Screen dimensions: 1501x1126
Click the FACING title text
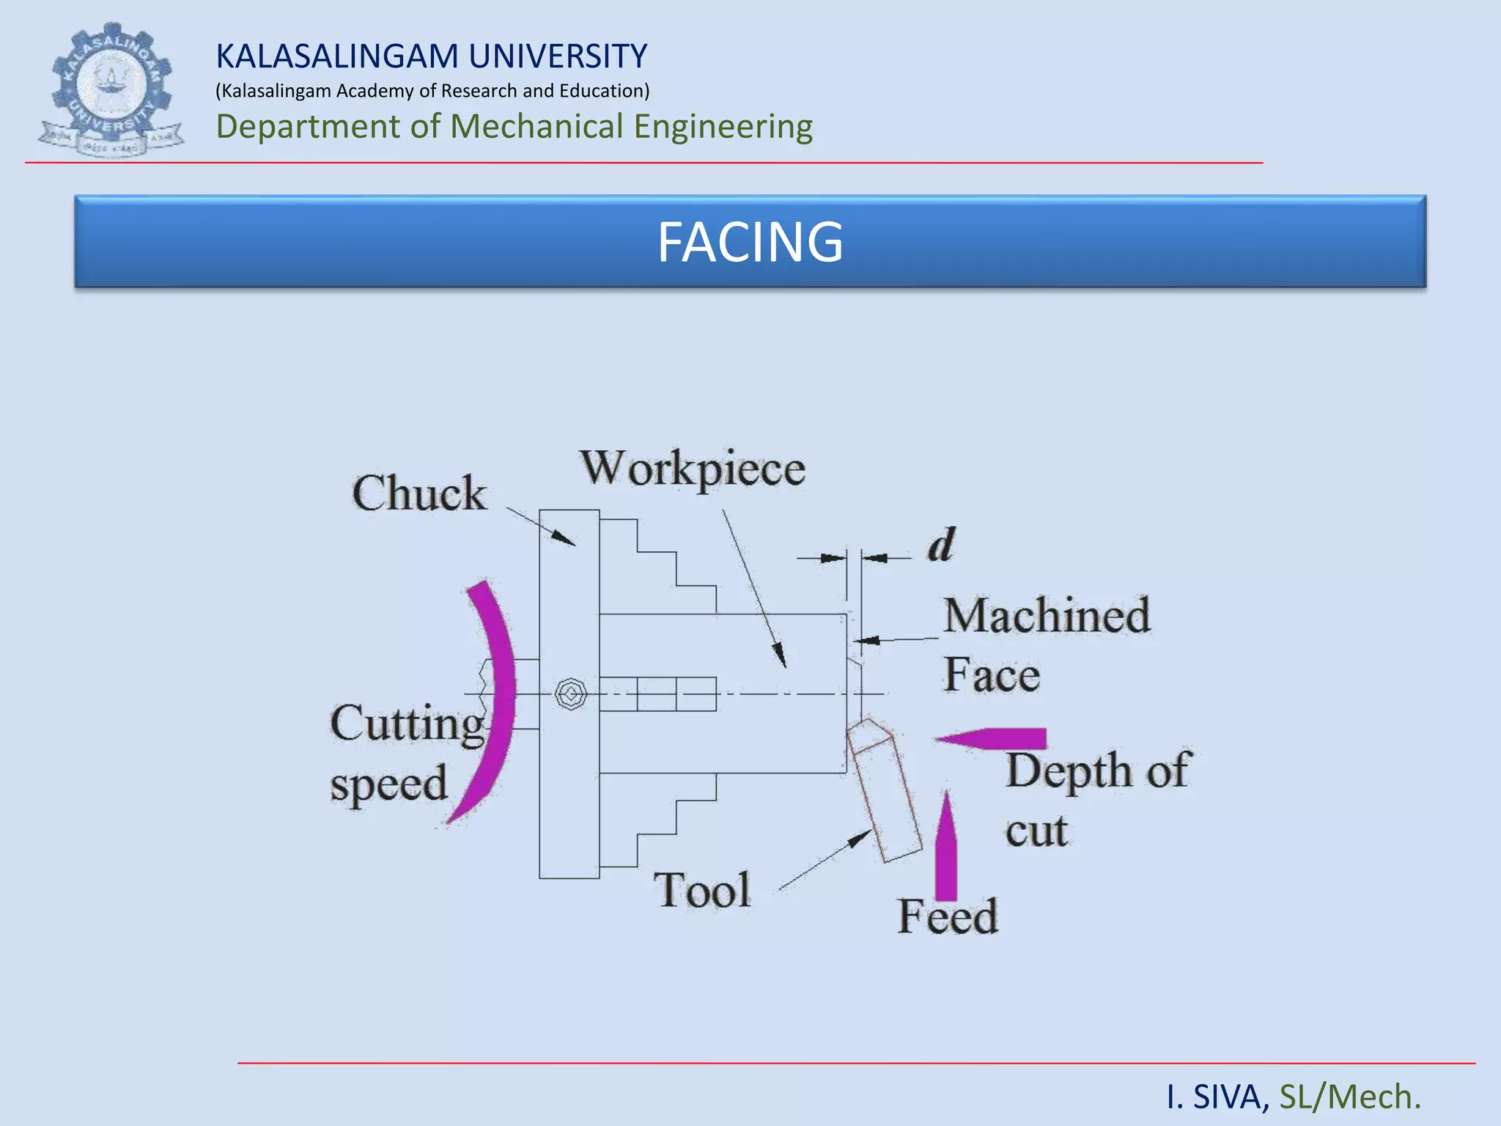click(x=750, y=242)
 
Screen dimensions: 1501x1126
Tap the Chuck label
click(x=419, y=493)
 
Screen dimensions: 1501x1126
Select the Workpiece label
click(x=693, y=469)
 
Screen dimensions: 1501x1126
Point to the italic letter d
click(x=942, y=545)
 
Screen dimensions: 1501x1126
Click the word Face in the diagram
click(x=992, y=674)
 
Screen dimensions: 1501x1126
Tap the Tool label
click(x=702, y=890)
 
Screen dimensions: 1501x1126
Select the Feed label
click(x=948, y=916)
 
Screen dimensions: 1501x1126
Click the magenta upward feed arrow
click(x=946, y=846)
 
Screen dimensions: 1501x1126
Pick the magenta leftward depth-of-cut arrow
click(x=991, y=739)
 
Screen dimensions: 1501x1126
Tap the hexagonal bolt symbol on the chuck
click(x=570, y=693)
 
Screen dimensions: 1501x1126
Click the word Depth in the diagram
click(x=1069, y=771)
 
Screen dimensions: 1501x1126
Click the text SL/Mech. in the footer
click(x=1350, y=1097)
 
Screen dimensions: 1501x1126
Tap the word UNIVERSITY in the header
click(x=558, y=56)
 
